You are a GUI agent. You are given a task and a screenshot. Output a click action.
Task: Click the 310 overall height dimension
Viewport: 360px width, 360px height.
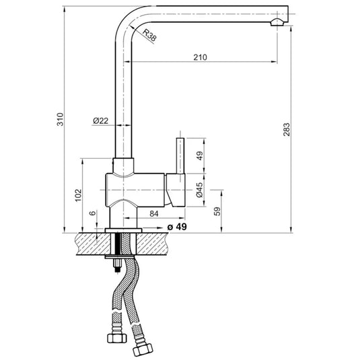[60, 120]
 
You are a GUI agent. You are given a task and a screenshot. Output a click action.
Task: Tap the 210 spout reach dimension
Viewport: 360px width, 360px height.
[199, 57]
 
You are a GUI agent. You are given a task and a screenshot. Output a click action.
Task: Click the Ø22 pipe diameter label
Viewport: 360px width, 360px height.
[100, 120]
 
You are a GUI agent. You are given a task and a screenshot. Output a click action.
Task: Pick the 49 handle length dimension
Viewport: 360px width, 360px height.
[199, 155]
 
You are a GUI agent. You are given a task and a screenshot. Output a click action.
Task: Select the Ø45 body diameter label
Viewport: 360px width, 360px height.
[199, 190]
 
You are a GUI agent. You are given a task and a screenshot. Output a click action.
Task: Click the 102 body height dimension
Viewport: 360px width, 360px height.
[78, 195]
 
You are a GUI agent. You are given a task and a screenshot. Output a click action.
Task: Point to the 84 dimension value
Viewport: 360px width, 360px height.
[153, 214]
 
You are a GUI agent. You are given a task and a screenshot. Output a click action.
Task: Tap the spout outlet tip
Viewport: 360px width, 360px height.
[276, 22]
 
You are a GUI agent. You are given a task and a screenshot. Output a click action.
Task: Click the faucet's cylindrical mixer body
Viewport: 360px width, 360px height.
[135, 189]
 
